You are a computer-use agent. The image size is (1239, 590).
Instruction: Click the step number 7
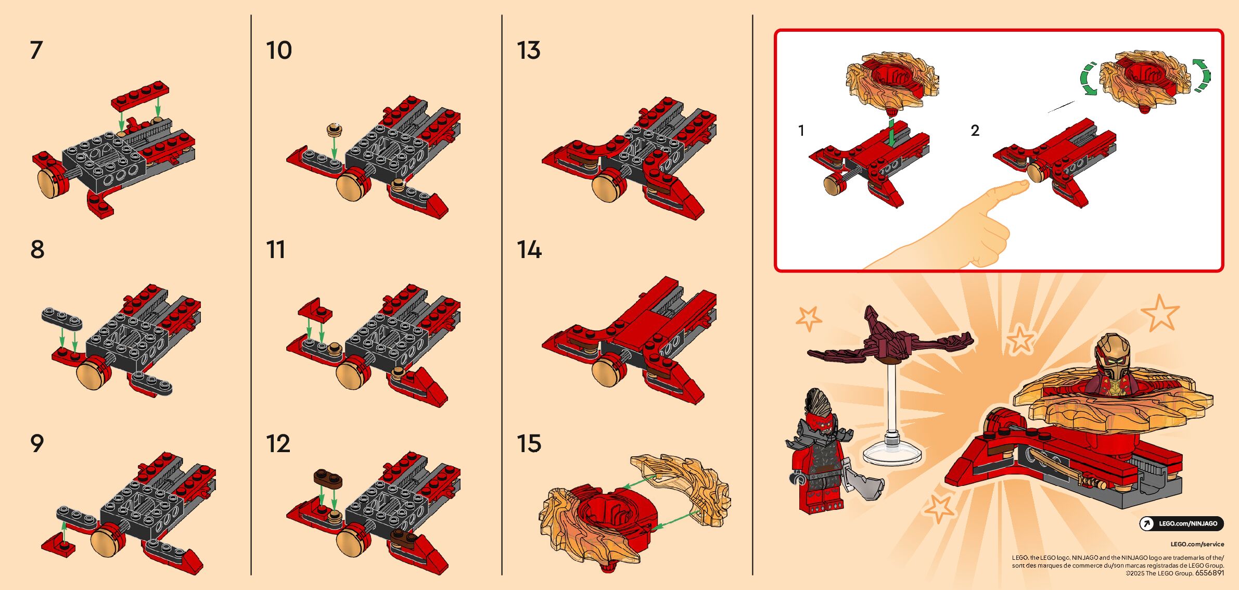(x=36, y=50)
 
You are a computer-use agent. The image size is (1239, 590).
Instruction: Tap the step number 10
(x=279, y=50)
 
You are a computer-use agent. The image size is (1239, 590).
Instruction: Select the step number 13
(x=529, y=50)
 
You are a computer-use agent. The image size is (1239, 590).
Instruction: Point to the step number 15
(x=529, y=444)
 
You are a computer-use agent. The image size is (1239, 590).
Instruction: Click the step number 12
(x=278, y=444)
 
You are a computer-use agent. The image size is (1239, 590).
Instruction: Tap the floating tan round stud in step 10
(x=335, y=130)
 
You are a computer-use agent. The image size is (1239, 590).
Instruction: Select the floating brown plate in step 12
(x=328, y=478)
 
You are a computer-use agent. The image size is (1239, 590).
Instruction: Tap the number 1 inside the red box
(x=801, y=130)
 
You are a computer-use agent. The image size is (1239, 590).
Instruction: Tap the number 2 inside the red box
(x=975, y=130)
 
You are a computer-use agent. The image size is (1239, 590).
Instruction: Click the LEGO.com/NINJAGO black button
(x=1181, y=523)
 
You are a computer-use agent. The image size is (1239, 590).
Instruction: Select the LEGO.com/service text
(x=1197, y=544)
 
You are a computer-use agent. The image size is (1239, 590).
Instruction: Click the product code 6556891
(x=1209, y=573)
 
